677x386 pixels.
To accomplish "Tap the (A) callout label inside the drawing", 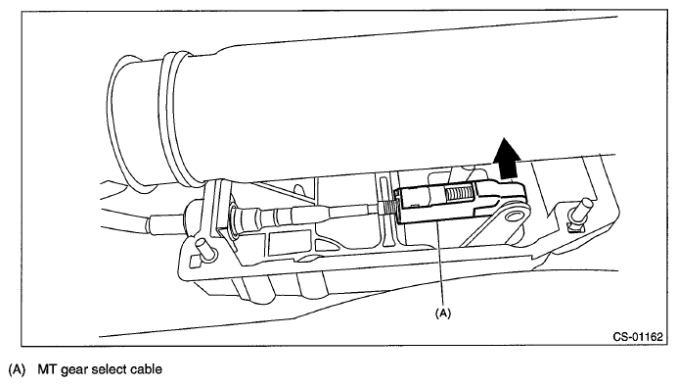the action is pos(442,313).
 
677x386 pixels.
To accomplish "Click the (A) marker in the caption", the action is pos(17,369).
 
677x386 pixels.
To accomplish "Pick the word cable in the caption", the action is pos(148,369).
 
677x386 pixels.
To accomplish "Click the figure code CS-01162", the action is pos(637,337).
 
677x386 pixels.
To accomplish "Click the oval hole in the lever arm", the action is pos(513,216).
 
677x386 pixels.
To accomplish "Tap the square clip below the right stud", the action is pos(574,226).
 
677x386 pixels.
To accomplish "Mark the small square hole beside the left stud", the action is pos(195,261).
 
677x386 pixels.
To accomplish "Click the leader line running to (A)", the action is pos(439,264).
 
